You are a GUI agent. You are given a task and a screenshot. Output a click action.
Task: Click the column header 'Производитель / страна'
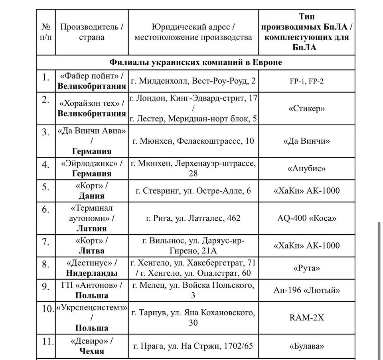pos(91,32)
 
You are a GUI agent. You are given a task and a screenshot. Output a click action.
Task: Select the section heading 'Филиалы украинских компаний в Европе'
pos(195,63)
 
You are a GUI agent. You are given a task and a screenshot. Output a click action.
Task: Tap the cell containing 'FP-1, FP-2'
pos(306,81)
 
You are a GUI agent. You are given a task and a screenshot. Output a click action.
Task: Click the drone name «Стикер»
pos(306,109)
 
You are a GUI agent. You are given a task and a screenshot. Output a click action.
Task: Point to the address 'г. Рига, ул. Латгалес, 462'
pos(193,218)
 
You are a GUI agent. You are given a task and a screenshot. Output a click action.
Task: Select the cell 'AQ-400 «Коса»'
pos(306,218)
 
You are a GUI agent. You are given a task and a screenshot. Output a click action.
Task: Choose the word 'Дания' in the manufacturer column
pos(91,196)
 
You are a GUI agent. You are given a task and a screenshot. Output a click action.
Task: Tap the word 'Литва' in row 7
pos(91,251)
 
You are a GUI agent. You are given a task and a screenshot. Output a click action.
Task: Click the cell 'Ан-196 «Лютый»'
pos(306,290)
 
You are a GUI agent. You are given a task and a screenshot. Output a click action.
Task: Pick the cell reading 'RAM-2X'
pos(306,317)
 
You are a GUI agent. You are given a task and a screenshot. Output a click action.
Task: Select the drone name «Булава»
pos(306,346)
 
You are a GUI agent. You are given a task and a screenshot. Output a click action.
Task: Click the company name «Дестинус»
pos(91,263)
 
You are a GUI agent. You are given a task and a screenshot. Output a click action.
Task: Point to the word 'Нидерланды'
pos(91,273)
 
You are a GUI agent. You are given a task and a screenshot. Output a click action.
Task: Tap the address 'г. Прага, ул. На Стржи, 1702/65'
pos(193,346)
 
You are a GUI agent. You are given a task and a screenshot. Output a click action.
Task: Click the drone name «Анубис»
pos(306,168)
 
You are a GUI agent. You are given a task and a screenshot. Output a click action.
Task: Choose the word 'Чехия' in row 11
pos(91,351)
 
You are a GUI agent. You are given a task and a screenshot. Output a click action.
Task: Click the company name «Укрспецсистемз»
pos(91,308)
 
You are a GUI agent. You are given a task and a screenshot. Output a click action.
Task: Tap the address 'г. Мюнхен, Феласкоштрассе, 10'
pos(193,141)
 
